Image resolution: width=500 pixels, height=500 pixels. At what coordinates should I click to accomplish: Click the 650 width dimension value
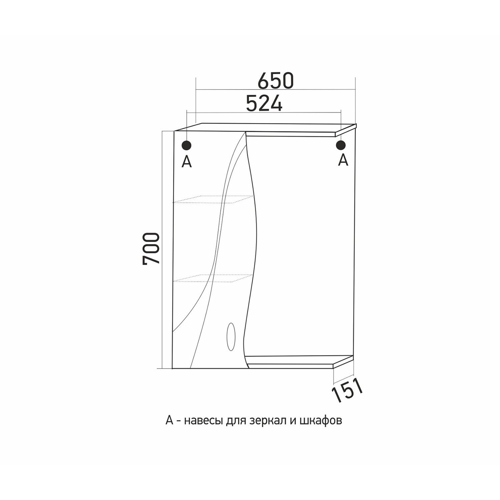click(x=276, y=81)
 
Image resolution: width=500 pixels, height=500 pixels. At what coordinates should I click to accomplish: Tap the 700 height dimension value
click(x=152, y=249)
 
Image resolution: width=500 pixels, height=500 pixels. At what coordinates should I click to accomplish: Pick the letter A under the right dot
click(x=343, y=160)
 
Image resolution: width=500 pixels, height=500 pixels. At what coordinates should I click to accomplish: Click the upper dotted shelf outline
click(x=212, y=199)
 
